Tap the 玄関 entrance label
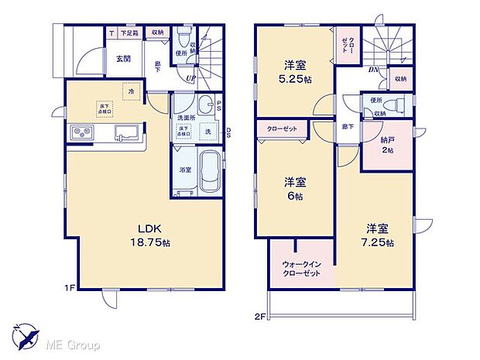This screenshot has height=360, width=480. point(124,58)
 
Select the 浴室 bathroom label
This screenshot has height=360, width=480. point(186,169)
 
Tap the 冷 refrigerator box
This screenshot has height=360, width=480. point(132,91)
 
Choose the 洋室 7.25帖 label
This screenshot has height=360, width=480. point(381,235)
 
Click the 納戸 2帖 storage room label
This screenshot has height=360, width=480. point(387,146)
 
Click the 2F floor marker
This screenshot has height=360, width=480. point(260,316)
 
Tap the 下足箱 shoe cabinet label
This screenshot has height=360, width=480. point(129,33)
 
